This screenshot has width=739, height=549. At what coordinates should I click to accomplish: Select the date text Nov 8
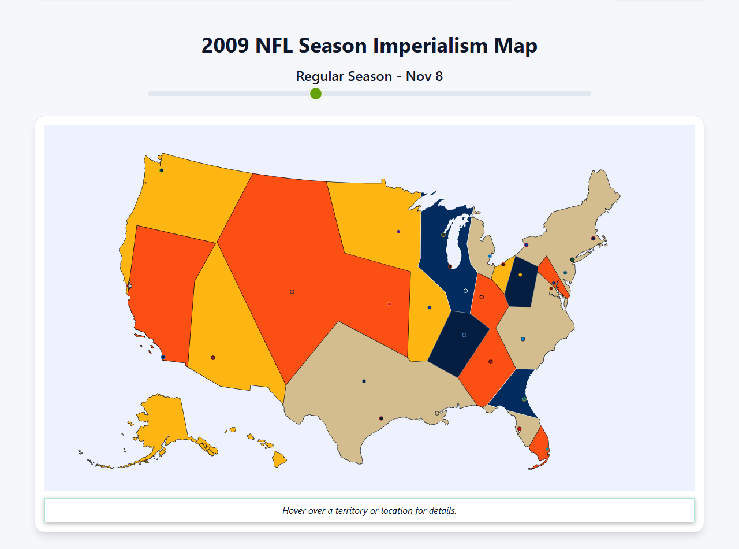424,76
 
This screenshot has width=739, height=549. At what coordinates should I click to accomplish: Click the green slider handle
316,94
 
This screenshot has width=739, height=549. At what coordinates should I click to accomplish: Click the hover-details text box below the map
369,510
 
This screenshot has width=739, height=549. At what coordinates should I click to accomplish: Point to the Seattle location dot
162,170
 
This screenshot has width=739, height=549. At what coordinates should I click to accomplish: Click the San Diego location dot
163,357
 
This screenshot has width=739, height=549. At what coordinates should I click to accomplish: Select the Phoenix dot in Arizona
213,358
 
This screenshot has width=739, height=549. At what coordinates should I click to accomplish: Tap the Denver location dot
292,292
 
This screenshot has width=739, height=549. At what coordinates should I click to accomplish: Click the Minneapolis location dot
398,232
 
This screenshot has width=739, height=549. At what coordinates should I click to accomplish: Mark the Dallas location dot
364,381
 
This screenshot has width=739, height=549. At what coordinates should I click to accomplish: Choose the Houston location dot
381,418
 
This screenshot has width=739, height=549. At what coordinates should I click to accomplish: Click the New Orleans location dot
436,413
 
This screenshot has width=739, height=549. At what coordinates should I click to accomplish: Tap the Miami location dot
547,449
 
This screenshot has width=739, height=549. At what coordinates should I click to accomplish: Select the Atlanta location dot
491,362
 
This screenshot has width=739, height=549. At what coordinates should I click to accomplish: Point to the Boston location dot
593,238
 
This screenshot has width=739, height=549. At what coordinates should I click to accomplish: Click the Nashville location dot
464,335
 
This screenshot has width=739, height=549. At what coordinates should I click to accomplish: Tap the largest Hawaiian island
279,460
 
